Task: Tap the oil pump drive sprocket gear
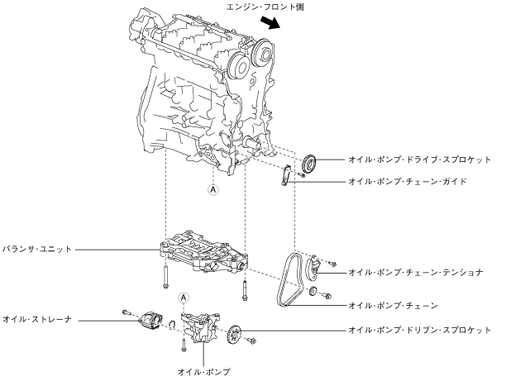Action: point(310,162)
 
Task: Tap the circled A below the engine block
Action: point(212,189)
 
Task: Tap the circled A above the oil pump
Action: point(184,298)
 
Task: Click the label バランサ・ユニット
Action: point(37,247)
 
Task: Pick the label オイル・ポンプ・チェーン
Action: point(393,305)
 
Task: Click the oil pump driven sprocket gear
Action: point(234,335)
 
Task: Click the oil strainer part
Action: point(151,317)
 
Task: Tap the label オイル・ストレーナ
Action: point(37,317)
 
